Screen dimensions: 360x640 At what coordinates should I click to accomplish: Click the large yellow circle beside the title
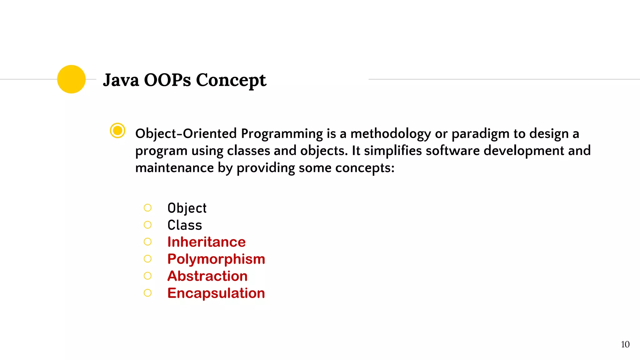[x=71, y=79]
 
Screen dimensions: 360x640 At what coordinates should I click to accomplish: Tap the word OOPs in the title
[x=167, y=80]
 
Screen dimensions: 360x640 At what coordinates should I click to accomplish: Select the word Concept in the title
[x=231, y=81]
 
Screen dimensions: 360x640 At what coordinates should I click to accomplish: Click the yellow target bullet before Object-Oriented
[x=117, y=131]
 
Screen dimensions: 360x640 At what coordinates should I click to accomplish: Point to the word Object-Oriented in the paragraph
[x=186, y=133]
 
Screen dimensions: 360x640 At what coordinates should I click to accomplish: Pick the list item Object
[x=187, y=208]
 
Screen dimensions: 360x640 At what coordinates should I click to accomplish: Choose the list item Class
[x=185, y=225]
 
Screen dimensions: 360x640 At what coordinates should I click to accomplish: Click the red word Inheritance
[x=206, y=242]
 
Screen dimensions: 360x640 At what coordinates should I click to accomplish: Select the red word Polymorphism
[x=216, y=259]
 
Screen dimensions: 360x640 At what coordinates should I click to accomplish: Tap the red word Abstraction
[x=207, y=276]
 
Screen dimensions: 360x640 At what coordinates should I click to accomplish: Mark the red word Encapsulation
[x=216, y=293]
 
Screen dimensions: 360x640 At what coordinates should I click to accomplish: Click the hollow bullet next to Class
[x=147, y=225]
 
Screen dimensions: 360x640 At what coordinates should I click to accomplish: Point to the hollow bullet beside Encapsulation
[x=147, y=293]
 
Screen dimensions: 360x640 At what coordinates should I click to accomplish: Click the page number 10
[x=625, y=344]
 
